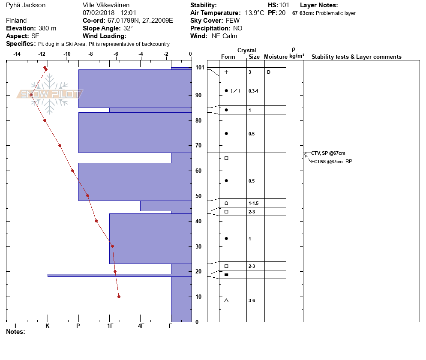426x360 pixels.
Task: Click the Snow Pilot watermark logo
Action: point(50,94)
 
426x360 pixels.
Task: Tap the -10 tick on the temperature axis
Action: point(67,54)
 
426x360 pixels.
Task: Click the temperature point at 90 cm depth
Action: point(31,95)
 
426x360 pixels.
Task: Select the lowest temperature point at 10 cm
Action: point(119,297)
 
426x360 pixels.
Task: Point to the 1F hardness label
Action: point(110,326)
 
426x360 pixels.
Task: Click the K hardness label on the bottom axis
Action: point(48,326)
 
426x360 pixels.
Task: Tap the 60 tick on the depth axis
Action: point(198,171)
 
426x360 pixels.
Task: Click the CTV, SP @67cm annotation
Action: point(328,153)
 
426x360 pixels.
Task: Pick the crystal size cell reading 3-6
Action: point(252,300)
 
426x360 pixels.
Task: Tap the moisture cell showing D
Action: point(269,72)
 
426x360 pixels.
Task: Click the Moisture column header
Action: point(276,57)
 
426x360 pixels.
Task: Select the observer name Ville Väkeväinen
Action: point(106,5)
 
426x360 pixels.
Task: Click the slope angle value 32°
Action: point(128,28)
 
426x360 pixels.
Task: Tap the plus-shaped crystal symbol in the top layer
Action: point(226,72)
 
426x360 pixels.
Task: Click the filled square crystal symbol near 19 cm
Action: point(226,274)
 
